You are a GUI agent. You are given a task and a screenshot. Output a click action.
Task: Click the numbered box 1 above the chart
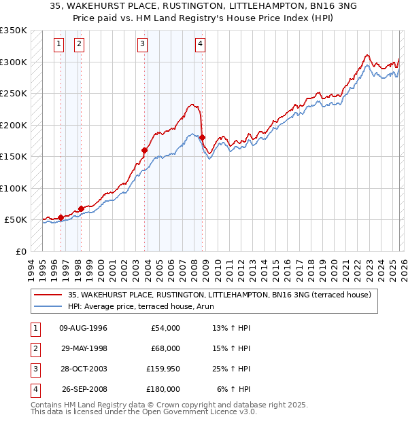(60, 45)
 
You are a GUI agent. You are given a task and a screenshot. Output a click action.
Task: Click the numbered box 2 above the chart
(80, 45)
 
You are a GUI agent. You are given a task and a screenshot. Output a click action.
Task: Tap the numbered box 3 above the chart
(142, 45)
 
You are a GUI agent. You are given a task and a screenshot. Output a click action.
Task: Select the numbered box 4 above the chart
(201, 45)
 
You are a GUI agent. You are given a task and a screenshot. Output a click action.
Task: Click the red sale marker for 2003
(145, 150)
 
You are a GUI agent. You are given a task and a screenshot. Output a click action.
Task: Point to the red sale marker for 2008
(202, 138)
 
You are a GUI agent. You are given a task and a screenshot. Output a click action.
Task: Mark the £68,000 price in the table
(165, 348)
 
